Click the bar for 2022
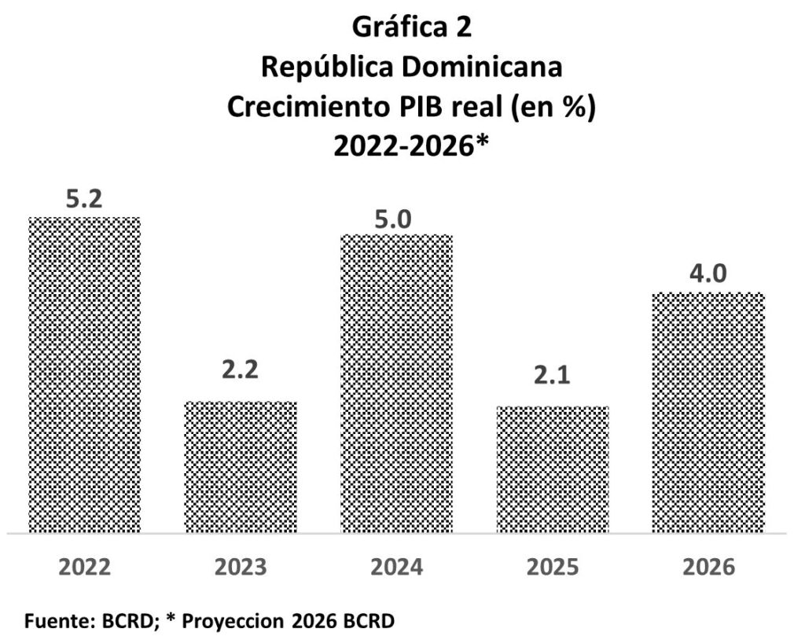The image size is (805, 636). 84,374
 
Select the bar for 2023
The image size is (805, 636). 240,466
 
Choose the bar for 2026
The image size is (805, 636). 708,412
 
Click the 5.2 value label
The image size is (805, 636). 84,200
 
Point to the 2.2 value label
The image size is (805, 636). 240,370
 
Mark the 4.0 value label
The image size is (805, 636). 708,275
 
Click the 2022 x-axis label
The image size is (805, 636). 84,568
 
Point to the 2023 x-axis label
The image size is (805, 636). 240,568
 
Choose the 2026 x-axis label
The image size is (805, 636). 708,568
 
